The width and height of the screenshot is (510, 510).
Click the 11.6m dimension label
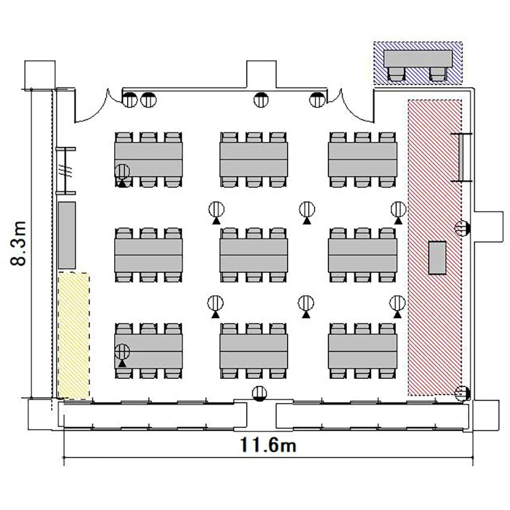point(269,445)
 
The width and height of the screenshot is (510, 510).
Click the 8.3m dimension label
point(18,243)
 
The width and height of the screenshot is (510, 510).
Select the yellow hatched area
point(73,336)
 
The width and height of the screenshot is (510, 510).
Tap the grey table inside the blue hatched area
point(418,58)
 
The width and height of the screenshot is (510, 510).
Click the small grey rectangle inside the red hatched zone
point(437,258)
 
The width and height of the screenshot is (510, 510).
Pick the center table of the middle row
point(254,255)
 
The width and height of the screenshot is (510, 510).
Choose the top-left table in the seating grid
point(148,159)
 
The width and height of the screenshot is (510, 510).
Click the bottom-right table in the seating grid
point(362,352)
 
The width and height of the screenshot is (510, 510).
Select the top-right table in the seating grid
point(362,159)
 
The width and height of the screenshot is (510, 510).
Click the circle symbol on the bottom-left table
point(122,352)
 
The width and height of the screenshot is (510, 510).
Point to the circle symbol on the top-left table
point(122,171)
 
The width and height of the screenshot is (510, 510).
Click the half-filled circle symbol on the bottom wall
point(259,394)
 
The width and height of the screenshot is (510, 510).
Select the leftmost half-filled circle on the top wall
point(130,99)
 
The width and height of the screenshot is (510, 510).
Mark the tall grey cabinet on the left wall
point(67,235)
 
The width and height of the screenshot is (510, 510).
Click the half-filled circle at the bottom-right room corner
point(462,393)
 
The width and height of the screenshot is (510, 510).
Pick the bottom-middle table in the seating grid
point(254,352)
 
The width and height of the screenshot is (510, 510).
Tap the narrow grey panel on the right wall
point(461,157)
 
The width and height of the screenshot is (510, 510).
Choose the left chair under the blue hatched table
point(396,74)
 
